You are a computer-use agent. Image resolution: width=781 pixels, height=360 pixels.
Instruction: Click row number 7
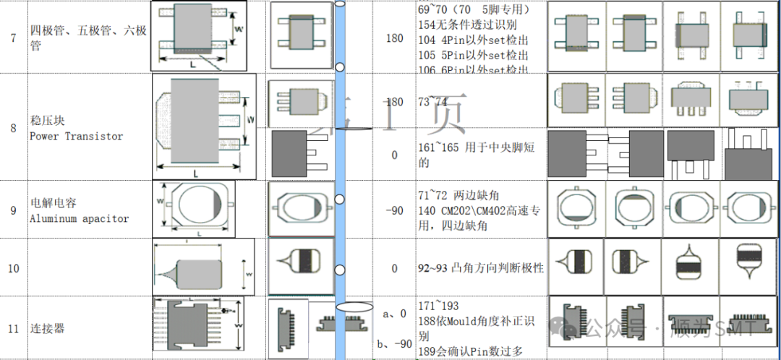[13, 38]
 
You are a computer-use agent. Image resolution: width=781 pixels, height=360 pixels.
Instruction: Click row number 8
[13, 129]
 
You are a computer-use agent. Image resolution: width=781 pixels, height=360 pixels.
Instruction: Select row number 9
[13, 210]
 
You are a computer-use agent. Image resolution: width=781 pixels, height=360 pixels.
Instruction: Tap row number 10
[14, 268]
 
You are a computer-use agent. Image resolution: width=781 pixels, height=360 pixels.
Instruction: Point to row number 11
[13, 328]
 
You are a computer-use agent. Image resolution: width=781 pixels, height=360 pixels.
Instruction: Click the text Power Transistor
[76, 136]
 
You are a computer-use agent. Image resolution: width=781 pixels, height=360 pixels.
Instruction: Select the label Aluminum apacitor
[79, 218]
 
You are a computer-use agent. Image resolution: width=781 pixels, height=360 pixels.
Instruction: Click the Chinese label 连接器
[47, 328]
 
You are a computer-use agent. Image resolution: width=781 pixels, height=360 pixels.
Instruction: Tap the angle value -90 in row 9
[394, 210]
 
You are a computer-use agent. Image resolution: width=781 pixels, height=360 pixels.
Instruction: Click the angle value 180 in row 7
[394, 38]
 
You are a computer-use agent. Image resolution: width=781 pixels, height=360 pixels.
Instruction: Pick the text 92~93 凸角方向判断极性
[480, 268]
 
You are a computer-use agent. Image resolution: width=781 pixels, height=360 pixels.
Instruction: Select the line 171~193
[438, 306]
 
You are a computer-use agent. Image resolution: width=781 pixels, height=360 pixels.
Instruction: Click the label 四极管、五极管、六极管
[88, 38]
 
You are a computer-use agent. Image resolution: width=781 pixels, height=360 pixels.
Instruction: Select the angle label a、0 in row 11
[393, 314]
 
